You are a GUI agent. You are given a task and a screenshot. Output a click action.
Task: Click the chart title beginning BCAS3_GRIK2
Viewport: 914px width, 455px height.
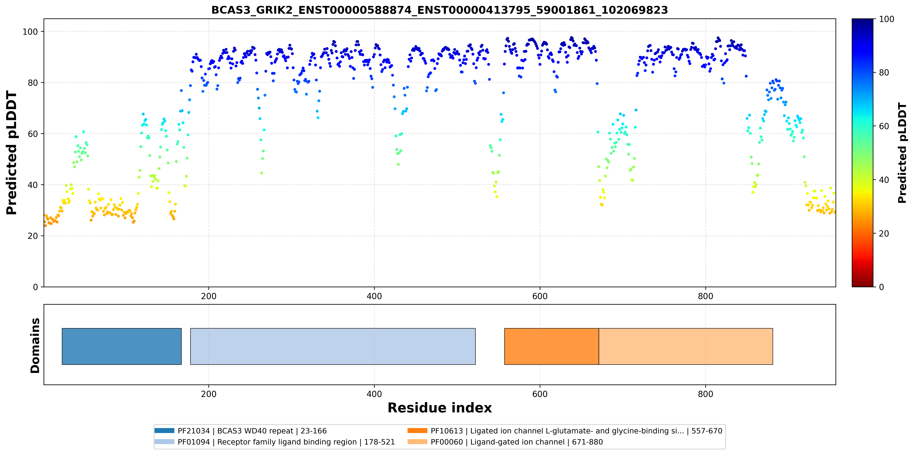pyautogui.click(x=440, y=10)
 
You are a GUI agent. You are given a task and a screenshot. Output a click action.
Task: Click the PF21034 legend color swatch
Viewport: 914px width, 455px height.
pyautogui.click(x=164, y=430)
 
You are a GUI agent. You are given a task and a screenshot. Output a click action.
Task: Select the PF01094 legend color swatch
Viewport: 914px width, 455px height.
pyautogui.click(x=164, y=442)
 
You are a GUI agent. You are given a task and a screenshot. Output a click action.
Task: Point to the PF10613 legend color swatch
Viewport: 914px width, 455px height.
pyautogui.click(x=417, y=430)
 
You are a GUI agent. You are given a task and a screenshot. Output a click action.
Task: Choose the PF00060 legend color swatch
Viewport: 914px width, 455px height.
pyautogui.click(x=417, y=442)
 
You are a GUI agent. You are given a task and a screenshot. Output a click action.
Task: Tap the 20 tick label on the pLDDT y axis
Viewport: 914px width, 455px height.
pyautogui.click(x=33, y=236)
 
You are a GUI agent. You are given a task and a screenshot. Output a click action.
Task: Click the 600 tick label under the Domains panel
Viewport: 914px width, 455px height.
pyautogui.click(x=540, y=394)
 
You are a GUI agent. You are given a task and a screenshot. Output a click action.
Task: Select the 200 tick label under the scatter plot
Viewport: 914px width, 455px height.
pyautogui.click(x=209, y=296)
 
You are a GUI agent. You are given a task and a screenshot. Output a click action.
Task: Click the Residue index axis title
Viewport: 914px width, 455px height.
pyautogui.click(x=440, y=408)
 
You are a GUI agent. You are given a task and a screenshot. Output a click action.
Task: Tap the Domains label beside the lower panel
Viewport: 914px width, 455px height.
pyautogui.click(x=35, y=345)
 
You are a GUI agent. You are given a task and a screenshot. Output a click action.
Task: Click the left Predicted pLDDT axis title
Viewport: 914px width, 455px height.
pyautogui.click(x=12, y=153)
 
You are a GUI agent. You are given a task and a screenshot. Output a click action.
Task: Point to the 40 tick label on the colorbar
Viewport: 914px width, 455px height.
pyautogui.click(x=884, y=180)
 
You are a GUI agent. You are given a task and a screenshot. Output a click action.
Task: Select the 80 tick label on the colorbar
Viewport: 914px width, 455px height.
pyautogui.click(x=884, y=73)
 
